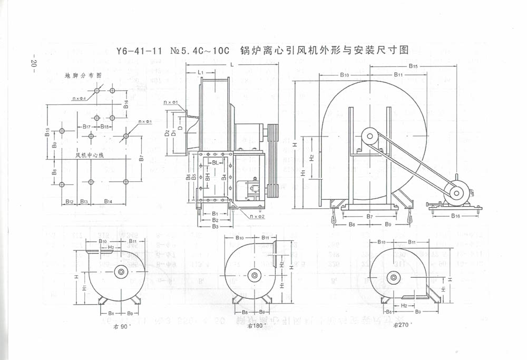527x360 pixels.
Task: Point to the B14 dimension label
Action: (x=108, y=201)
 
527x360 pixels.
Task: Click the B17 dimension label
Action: (x=87, y=127)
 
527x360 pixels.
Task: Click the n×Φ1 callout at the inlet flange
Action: (x=170, y=101)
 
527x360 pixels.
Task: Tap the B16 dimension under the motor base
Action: (x=456, y=216)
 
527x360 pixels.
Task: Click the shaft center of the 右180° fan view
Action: (x=255, y=275)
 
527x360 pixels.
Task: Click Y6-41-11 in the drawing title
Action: (x=140, y=51)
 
